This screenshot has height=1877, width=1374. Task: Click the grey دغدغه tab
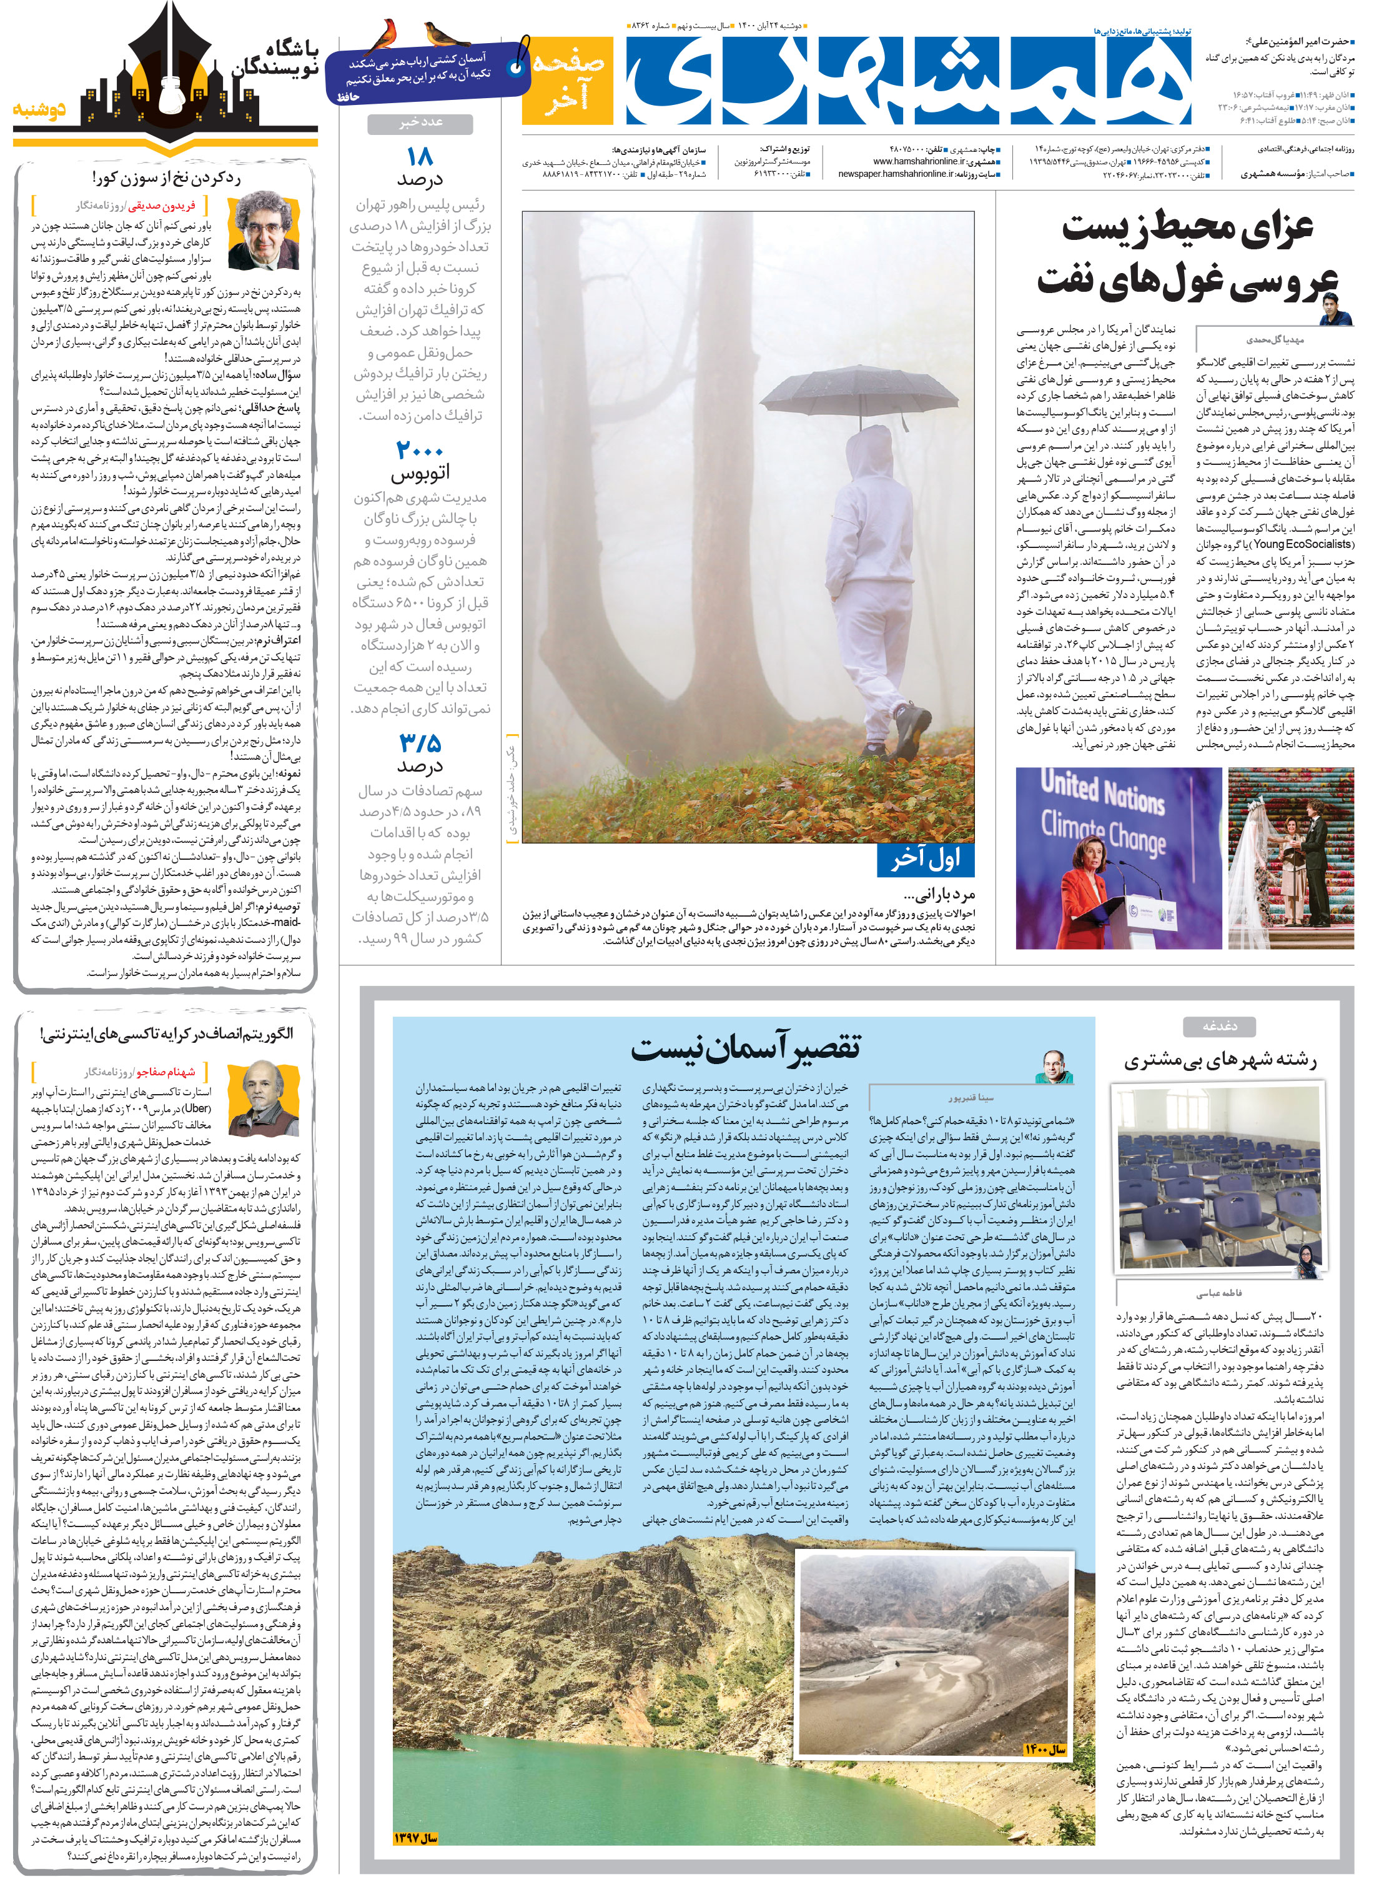pos(1219,1027)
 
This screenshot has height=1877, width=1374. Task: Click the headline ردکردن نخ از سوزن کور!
pos(166,178)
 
